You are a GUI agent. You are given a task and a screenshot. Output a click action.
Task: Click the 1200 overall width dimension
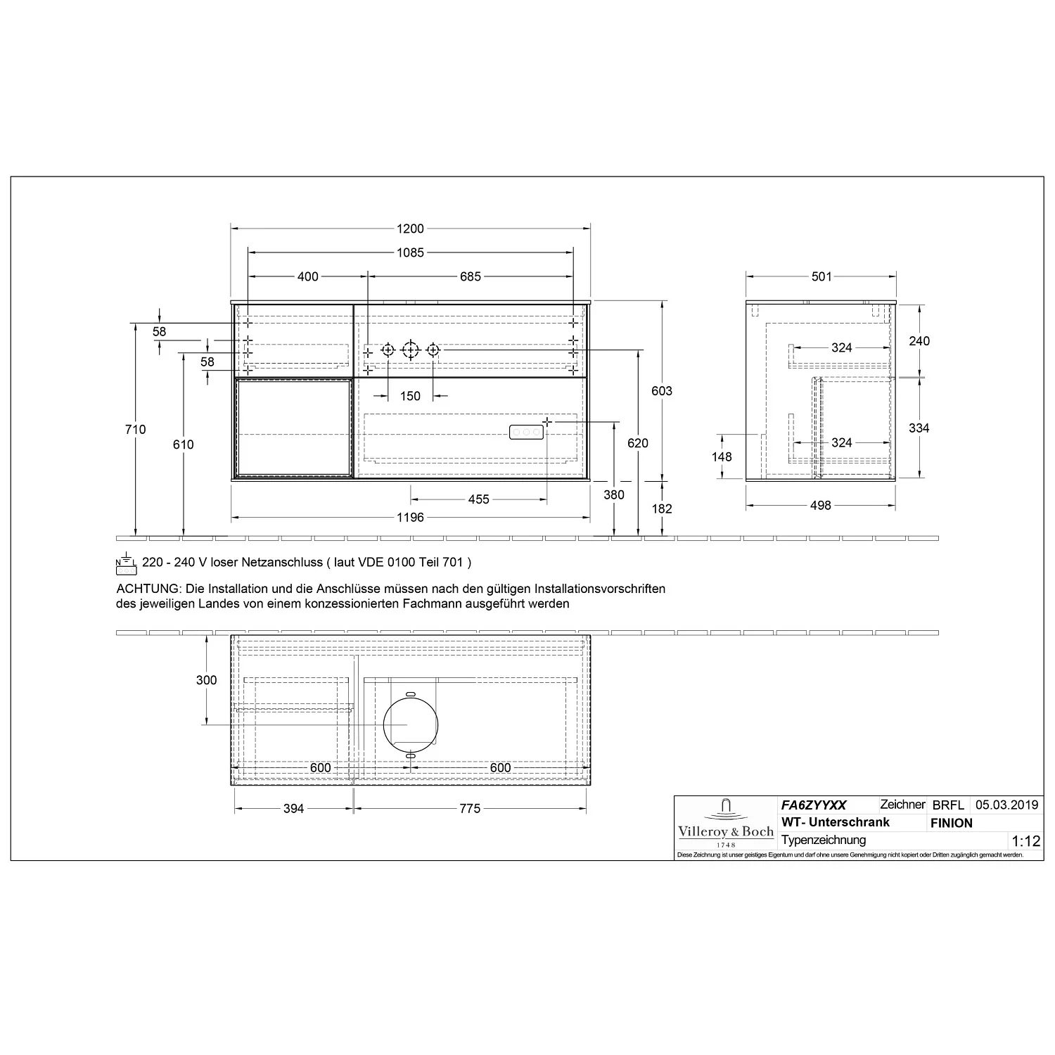410,229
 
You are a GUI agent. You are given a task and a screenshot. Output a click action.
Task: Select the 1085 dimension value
410,252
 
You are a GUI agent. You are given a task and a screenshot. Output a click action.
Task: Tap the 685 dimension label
471,276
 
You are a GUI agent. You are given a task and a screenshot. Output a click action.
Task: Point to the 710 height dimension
135,430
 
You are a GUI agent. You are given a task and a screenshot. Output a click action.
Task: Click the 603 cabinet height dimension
662,391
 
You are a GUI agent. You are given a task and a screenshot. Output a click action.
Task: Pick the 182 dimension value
662,509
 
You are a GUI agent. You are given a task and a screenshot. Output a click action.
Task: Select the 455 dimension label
478,499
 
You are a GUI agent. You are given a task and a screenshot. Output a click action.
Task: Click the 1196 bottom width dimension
410,518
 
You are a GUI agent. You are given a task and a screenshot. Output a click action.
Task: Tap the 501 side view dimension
821,276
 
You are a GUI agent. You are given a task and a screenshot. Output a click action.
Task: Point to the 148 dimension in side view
722,456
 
